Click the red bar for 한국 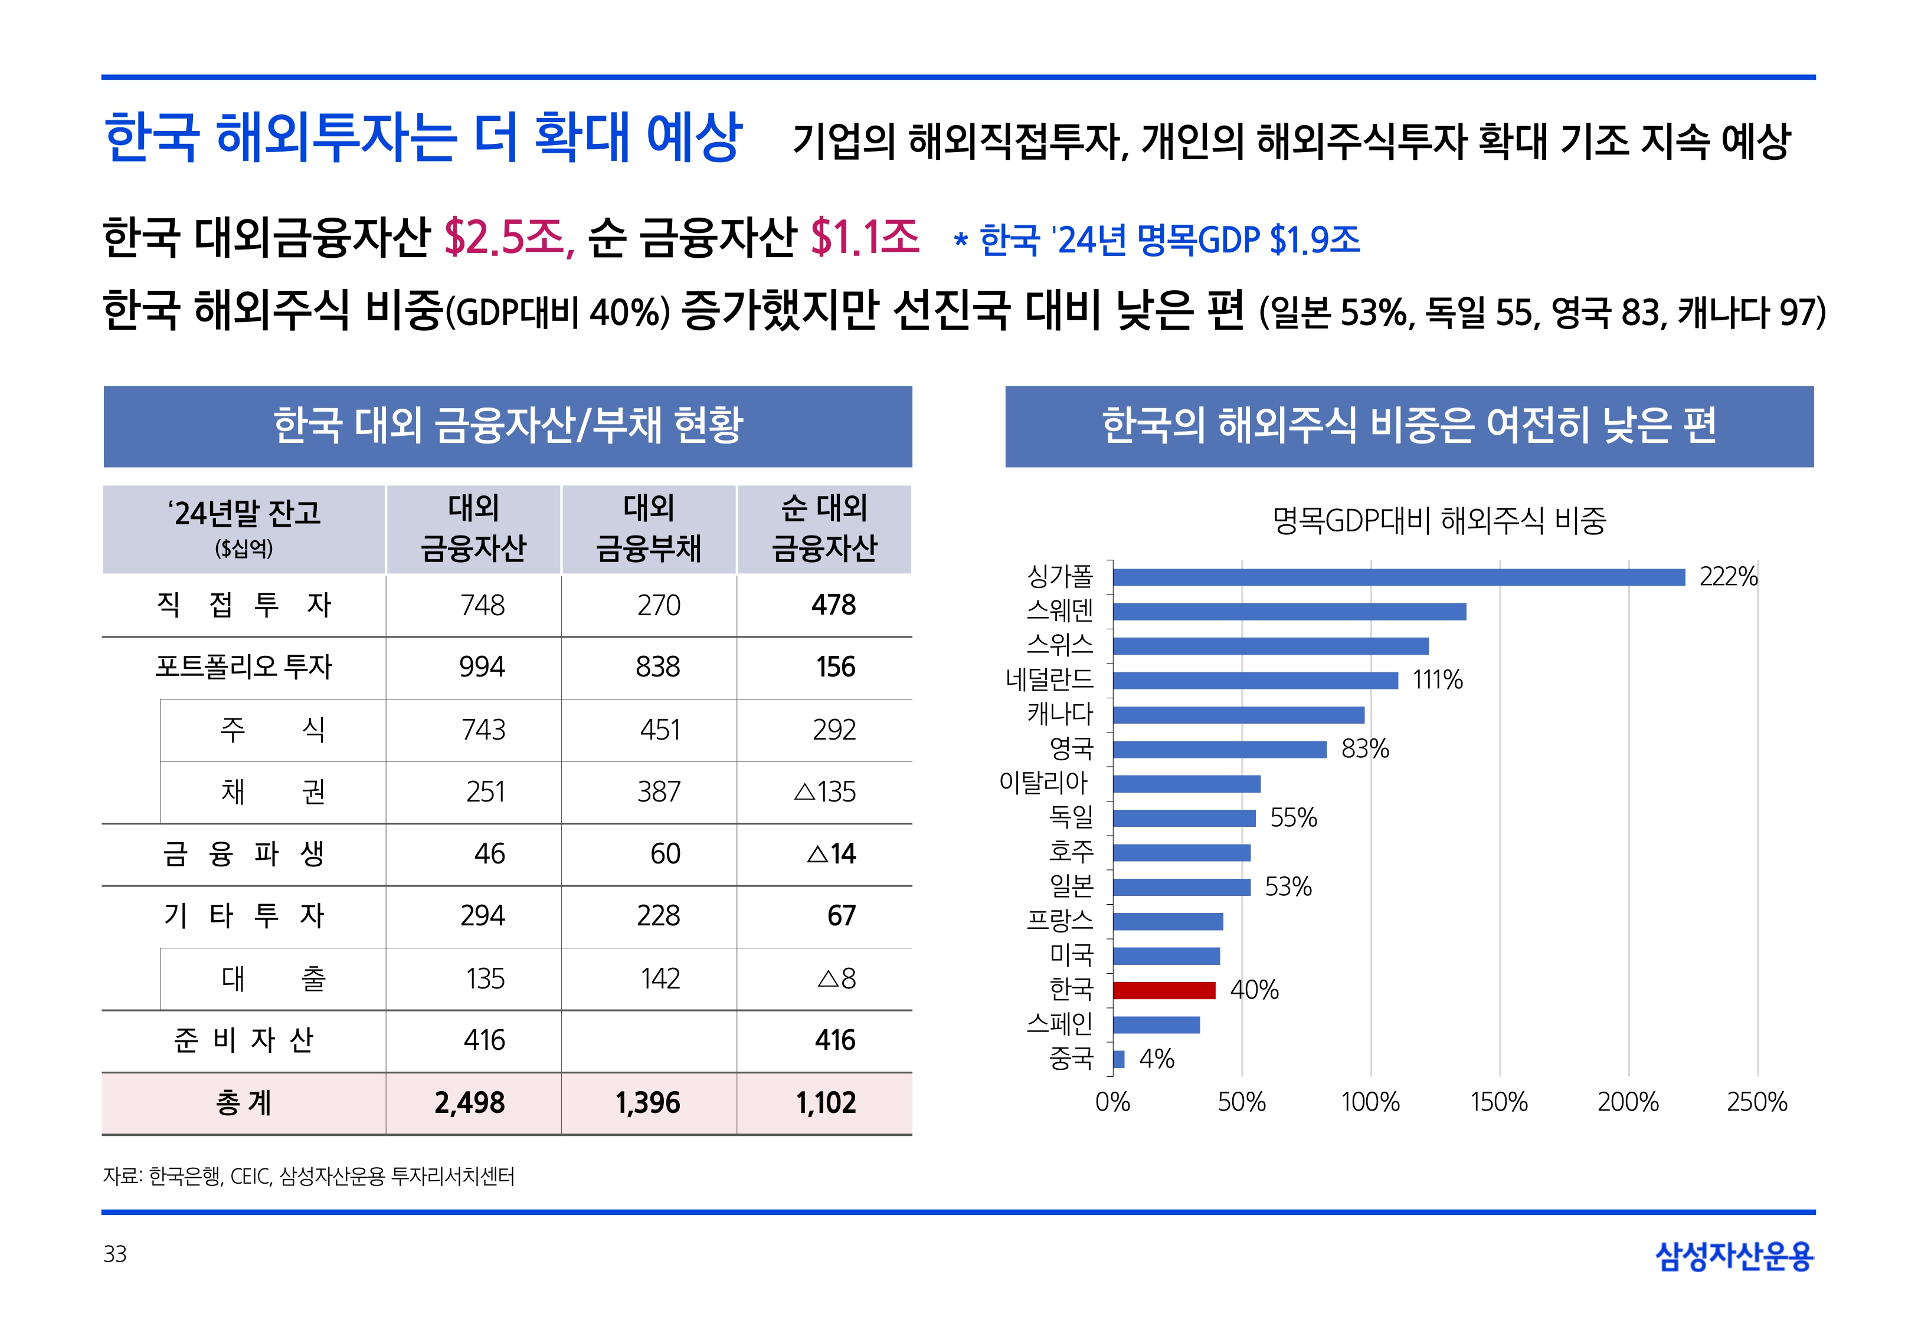[x=1164, y=990]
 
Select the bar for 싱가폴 [x=1398, y=577]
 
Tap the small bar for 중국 [x=1119, y=1059]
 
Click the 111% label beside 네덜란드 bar [x=1436, y=680]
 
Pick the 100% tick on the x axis [x=1370, y=1102]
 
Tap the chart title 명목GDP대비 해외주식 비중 [x=1439, y=521]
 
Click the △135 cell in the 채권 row [x=824, y=791]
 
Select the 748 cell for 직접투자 [x=482, y=605]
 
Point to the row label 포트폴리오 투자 [x=244, y=667]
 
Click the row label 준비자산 [x=244, y=1040]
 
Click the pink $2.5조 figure [x=508, y=238]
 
